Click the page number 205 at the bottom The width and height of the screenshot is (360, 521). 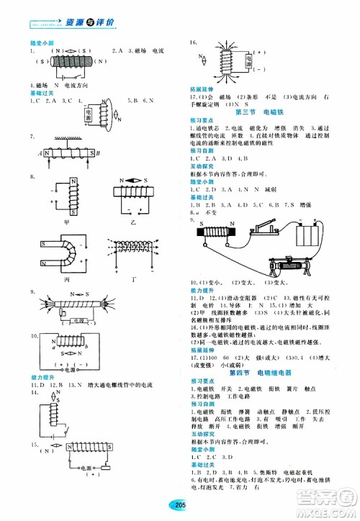click(x=179, y=506)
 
